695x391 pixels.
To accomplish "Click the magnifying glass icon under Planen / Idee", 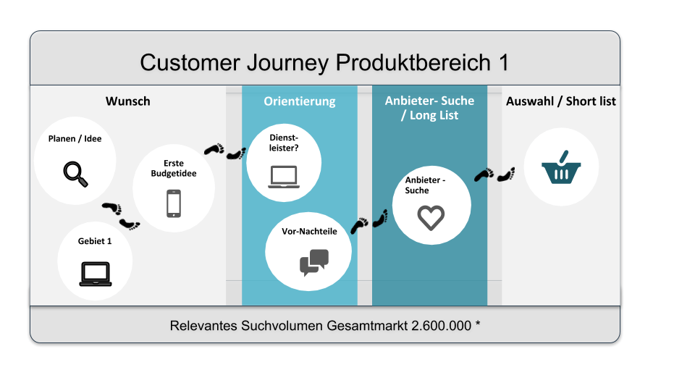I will pos(75,175).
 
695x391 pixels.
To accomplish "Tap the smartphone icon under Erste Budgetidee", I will pos(174,203).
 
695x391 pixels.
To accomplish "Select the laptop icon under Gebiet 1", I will pos(95,273).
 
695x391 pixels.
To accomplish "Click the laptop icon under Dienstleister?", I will pos(283,177).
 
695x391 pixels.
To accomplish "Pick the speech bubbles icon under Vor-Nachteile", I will pos(313,262).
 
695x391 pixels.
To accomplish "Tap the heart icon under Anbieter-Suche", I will pos(431,217).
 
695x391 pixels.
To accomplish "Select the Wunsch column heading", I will pos(128,101).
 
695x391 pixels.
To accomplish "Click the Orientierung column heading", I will pos(299,101).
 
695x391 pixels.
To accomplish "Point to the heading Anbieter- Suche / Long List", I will pos(429,108).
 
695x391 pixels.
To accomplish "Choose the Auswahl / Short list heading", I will pos(561,101).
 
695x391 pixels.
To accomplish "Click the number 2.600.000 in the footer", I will pos(442,326).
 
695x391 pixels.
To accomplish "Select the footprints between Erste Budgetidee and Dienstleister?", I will pos(224,151).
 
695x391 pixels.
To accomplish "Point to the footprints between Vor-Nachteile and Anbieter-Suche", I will pos(370,221).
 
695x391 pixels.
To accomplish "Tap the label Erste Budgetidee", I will pos(174,168).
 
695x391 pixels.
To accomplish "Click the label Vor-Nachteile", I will pos(309,232).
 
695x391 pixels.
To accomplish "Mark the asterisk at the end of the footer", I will pos(478,324).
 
